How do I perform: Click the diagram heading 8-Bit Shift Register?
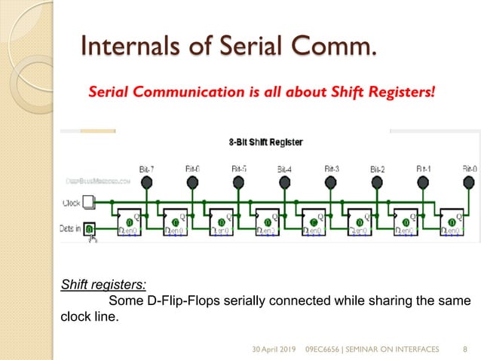click(x=262, y=141)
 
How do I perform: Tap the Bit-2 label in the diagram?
click(x=377, y=169)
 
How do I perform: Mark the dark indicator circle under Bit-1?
click(x=424, y=182)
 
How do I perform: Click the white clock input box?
click(x=89, y=202)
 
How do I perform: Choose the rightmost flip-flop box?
click(x=453, y=221)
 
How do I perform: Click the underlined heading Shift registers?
click(x=103, y=285)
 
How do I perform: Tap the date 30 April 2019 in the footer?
click(x=275, y=349)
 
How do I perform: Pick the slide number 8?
click(x=465, y=349)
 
